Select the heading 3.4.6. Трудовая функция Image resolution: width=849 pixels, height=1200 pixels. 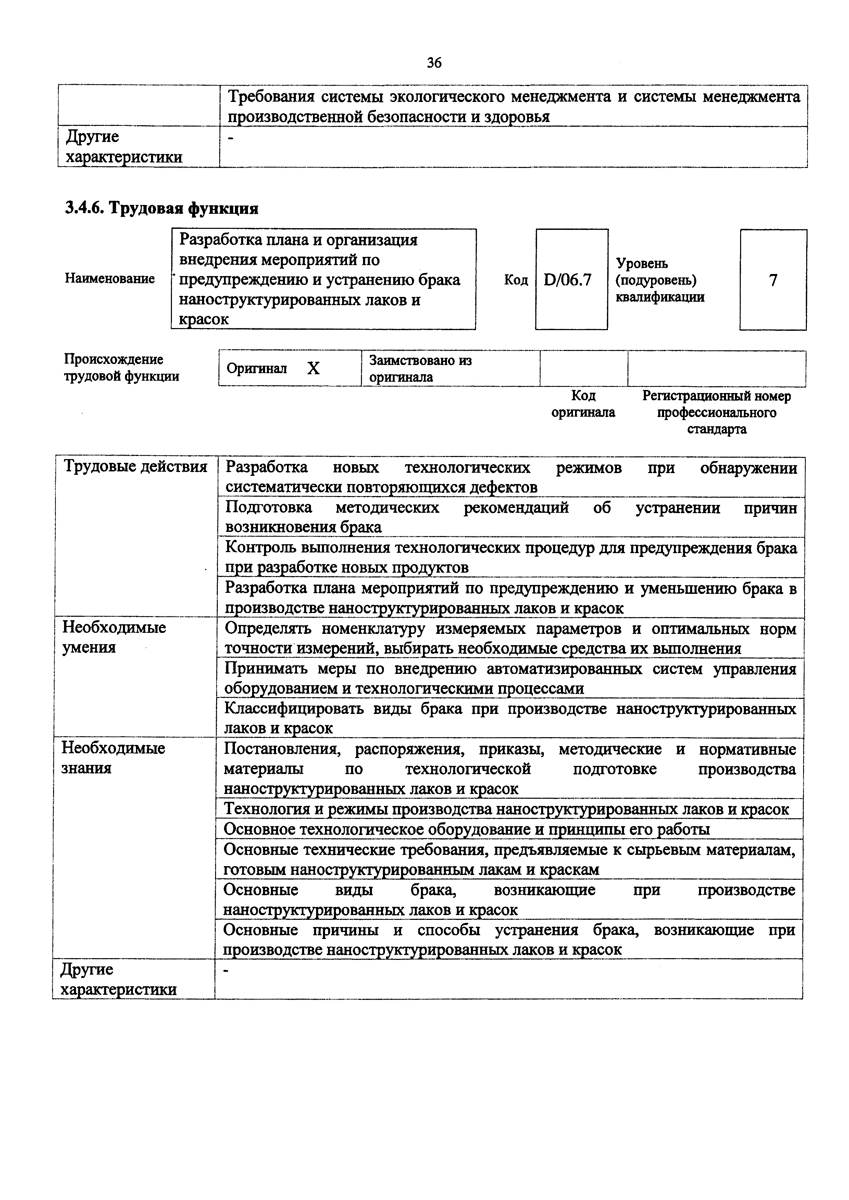tap(162, 208)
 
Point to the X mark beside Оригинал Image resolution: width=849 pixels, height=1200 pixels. tap(313, 369)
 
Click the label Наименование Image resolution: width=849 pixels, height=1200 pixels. tap(110, 278)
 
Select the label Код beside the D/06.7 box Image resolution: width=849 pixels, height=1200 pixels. tap(516, 281)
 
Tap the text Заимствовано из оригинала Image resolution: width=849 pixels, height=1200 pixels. tap(421, 368)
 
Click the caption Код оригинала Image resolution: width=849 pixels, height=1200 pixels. tap(583, 404)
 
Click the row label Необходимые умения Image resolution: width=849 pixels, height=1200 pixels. tap(114, 637)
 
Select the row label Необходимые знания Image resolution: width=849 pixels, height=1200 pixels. tap(113, 758)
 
